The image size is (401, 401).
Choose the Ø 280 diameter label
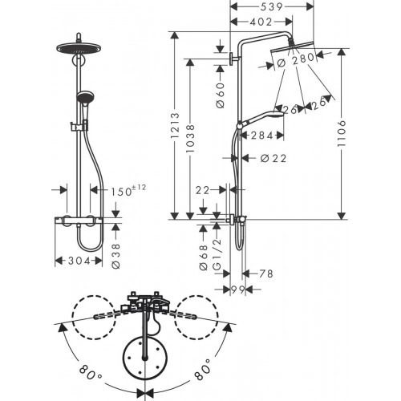[298, 59]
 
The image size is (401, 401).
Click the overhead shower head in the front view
[80, 46]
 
